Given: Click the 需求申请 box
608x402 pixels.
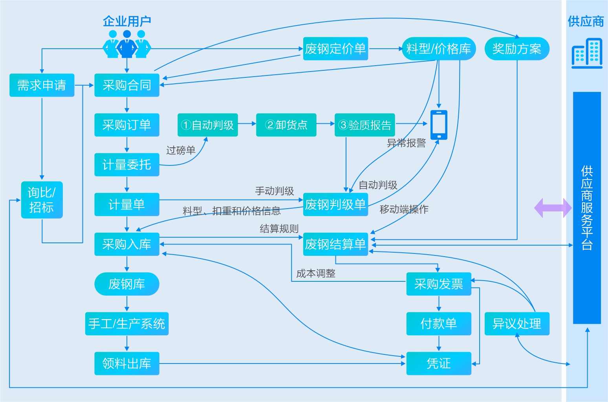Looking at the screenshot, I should pyautogui.click(x=42, y=85).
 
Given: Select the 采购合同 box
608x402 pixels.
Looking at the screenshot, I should pyautogui.click(x=126, y=85).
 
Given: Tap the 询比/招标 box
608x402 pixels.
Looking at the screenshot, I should pyautogui.click(x=42, y=200).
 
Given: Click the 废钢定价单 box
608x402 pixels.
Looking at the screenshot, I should pyautogui.click(x=335, y=49).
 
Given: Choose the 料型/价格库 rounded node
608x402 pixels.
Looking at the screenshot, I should pyautogui.click(x=439, y=49).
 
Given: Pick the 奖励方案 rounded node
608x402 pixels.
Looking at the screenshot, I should pyautogui.click(x=517, y=49).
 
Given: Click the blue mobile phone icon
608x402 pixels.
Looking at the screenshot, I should pyautogui.click(x=439, y=125).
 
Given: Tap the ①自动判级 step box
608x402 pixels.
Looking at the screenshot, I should pyautogui.click(x=207, y=125).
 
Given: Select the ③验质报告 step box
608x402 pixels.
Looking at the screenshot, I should pyautogui.click(x=364, y=125).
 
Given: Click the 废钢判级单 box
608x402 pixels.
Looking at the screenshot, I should pyautogui.click(x=335, y=204).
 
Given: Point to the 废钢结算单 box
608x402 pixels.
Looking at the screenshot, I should pyautogui.click(x=335, y=244).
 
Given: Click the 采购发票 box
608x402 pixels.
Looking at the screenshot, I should pyautogui.click(x=439, y=284).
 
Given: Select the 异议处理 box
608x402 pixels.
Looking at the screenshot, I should pyautogui.click(x=517, y=324).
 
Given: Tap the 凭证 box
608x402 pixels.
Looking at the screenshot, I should pyautogui.click(x=439, y=363).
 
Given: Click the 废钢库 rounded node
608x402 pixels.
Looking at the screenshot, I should pyautogui.click(x=126, y=284).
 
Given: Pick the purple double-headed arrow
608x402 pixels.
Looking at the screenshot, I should pyautogui.click(x=553, y=208).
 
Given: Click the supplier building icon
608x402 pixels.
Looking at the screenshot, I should pyautogui.click(x=587, y=53).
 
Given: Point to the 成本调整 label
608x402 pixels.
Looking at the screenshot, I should pyautogui.click(x=316, y=274).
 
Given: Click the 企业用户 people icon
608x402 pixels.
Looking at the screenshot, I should pyautogui.click(x=126, y=44).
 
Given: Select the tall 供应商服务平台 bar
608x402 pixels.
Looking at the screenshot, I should pyautogui.click(x=587, y=207).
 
